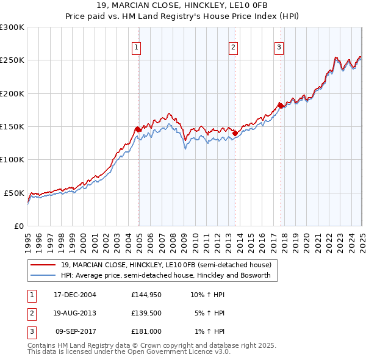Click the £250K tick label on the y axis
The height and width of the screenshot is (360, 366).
click(12, 60)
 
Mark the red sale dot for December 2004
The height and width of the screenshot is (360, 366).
click(138, 129)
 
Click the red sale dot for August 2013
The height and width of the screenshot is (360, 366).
click(235, 133)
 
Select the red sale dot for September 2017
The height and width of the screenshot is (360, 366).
click(281, 106)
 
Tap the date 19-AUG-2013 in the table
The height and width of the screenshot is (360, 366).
click(75, 313)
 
